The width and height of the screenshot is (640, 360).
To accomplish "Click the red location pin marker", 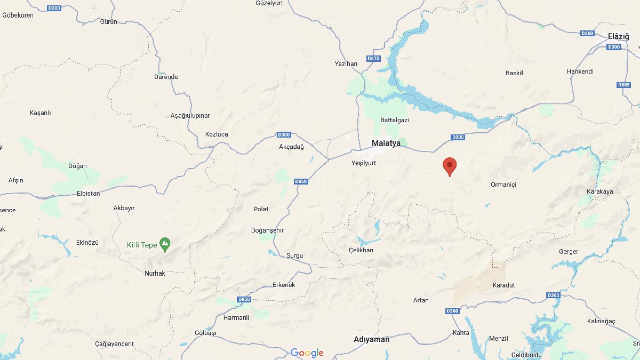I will tap(450, 166).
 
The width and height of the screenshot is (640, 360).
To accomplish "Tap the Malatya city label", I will tap(386, 142).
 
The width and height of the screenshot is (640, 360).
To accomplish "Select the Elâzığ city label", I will tap(619, 36).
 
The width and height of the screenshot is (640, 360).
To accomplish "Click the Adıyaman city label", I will tap(372, 339).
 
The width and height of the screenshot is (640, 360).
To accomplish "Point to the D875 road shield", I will tap(373, 58).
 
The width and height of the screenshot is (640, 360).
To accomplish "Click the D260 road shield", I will tap(587, 34).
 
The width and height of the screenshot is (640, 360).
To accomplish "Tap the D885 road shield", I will tap(623, 85).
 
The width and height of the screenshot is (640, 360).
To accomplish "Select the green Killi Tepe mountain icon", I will tap(165, 245).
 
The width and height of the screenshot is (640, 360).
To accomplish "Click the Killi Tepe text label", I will tap(142, 245).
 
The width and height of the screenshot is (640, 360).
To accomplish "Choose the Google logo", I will tap(307, 353).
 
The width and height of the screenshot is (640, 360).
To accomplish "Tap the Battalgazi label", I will tap(395, 120).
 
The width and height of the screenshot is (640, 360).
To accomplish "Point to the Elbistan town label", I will tap(89, 194).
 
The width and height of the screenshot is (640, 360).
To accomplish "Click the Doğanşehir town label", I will tap(267, 230).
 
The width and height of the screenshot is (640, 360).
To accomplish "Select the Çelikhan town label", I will tap(361, 250).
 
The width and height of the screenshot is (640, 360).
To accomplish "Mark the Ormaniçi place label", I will tap(503, 185).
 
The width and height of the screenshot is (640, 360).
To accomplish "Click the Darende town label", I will tap(166, 77).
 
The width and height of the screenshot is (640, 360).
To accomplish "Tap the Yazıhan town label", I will tap(346, 63).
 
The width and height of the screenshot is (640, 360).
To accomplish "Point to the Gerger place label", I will tap(569, 252).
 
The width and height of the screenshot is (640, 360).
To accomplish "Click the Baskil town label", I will tap(514, 73).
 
